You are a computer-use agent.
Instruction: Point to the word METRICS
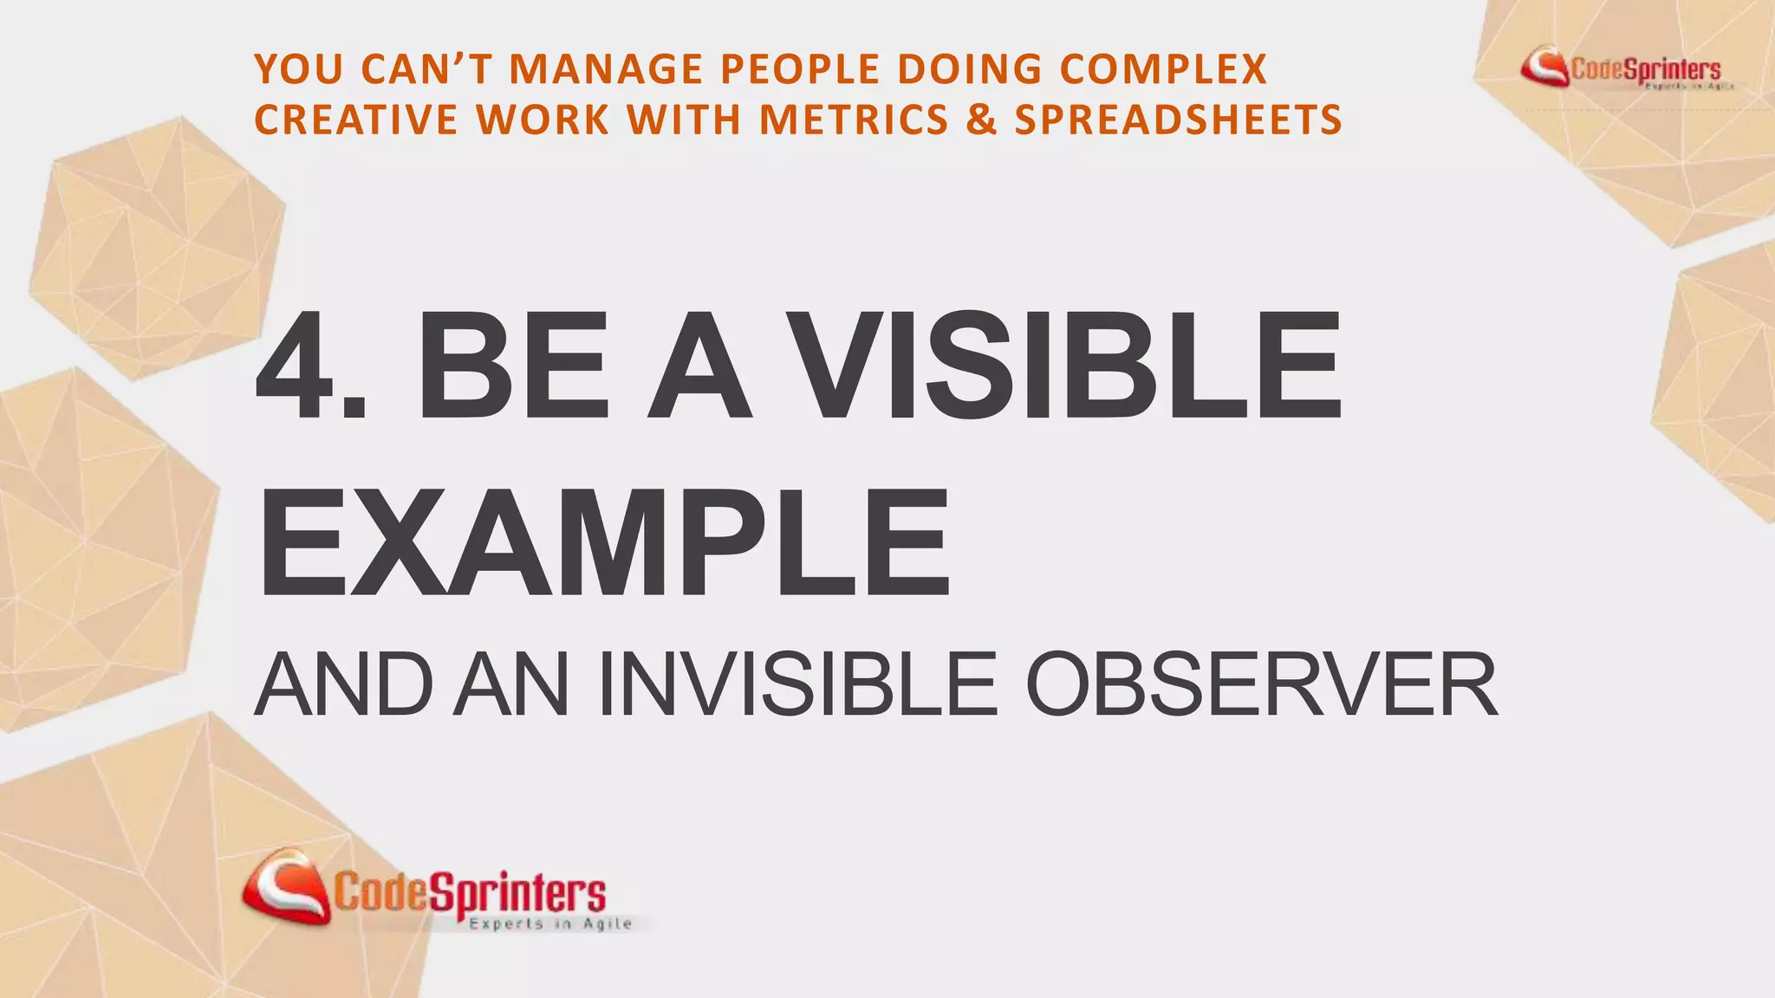coord(854,120)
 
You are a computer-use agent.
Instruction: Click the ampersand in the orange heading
coord(981,120)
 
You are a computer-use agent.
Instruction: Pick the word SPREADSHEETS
coord(1178,120)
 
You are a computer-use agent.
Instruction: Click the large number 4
coord(298,367)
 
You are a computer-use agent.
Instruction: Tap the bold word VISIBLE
coord(1067,367)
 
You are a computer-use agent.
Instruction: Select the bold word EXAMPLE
coord(603,544)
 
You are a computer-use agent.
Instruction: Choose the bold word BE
coord(514,367)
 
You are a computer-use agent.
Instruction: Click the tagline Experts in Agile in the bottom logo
coord(550,924)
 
